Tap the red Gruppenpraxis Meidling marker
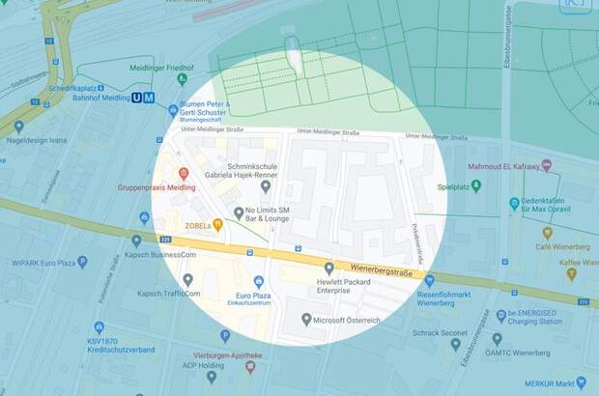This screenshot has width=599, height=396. tap(184, 173)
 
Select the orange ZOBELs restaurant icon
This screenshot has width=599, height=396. tap(218, 225)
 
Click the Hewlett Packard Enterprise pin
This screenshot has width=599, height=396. tap(329, 268)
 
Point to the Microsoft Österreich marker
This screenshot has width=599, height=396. tap(306, 319)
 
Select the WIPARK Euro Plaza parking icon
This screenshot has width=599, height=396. tap(82, 262)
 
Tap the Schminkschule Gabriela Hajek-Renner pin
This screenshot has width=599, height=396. tap(267, 186)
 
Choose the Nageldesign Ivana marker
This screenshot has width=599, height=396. tap(18, 126)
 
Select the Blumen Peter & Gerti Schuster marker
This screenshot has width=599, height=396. tap(173, 110)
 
